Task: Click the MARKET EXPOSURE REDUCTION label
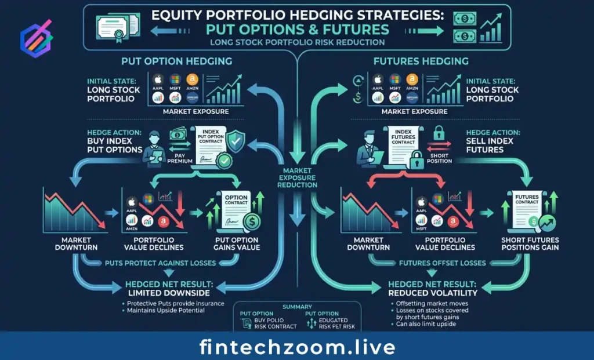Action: point(298,177)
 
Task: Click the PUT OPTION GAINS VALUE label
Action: point(237,244)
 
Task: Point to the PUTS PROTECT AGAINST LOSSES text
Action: point(161,263)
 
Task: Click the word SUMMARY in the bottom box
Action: point(297,307)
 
